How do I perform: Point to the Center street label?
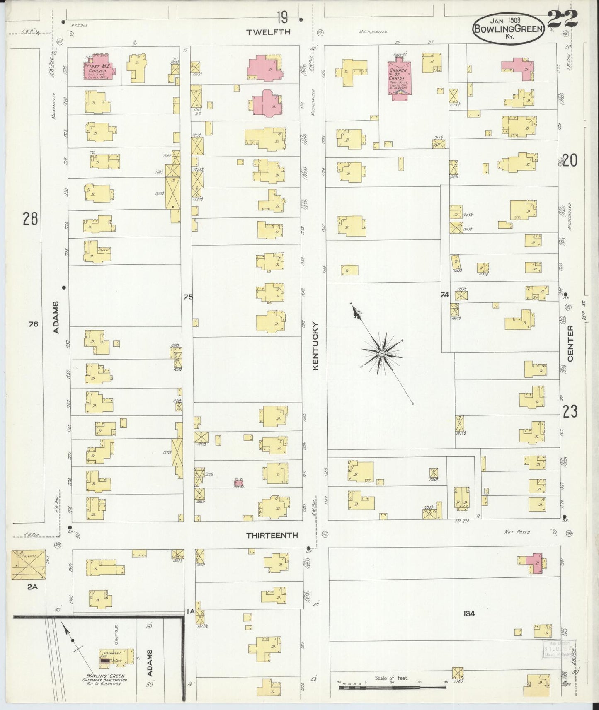(x=570, y=343)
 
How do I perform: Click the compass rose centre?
(x=381, y=353)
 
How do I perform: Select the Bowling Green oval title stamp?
(x=508, y=26)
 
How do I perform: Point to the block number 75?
(x=188, y=297)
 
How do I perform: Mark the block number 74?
(x=445, y=295)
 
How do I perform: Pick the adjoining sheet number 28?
(x=30, y=218)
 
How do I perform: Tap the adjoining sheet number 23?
(x=570, y=412)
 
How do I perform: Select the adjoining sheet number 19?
(x=282, y=18)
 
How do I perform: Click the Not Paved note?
(x=517, y=531)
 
